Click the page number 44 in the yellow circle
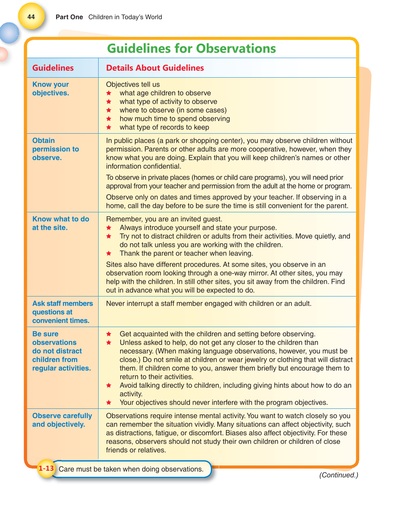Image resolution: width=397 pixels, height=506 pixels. coord(31,17)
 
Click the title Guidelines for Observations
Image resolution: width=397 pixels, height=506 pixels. coord(191,48)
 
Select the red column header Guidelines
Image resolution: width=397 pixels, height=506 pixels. coord(53,68)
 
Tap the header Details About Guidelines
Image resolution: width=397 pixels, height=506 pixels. coord(155,68)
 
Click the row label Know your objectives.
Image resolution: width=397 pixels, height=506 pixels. coord(50,89)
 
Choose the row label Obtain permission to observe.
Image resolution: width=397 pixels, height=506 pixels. coord(55,149)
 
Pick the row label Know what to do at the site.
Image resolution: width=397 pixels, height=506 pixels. coord(60,223)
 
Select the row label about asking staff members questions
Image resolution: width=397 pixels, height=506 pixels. coord(63,312)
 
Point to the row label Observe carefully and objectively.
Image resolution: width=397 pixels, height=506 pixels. coord(62,420)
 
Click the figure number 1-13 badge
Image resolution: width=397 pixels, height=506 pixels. coord(46,468)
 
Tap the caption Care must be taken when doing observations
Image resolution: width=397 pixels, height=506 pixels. coord(131,469)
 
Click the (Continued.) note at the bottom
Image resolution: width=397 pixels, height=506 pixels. coord(339,475)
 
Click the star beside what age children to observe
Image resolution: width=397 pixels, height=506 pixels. coord(109,93)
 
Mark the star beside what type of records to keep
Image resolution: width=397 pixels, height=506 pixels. coord(109,127)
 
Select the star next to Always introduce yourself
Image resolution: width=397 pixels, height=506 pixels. coord(109,228)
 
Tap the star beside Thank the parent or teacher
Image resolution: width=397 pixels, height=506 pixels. coord(109,254)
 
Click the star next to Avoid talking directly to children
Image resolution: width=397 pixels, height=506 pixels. coord(109,385)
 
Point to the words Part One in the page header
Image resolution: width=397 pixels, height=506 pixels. coord(69,17)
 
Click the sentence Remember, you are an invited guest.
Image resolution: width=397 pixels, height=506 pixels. coord(164,219)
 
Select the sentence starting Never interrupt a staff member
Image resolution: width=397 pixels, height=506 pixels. coord(208,304)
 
